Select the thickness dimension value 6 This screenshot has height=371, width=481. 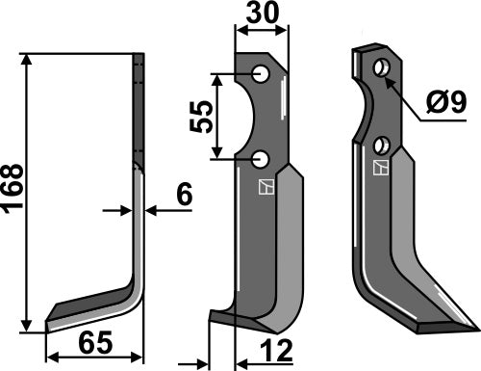coord(183,195)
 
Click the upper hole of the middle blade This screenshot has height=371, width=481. coord(261,74)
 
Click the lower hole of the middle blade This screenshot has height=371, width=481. coord(261,158)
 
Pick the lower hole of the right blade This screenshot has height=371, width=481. coord(382,146)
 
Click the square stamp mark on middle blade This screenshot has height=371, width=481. coord(262,187)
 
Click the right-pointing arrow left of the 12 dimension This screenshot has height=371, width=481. coord(201,363)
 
